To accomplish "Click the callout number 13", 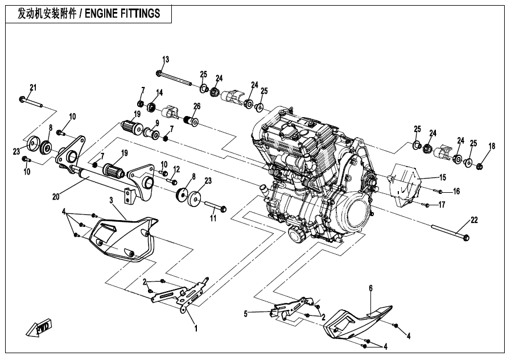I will (x=166, y=60).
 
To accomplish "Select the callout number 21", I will (x=33, y=87).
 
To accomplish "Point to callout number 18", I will (x=492, y=146).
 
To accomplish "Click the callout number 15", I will (x=443, y=178).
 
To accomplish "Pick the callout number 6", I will (x=370, y=288).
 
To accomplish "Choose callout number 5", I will (x=246, y=313).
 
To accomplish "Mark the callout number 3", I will (x=112, y=200).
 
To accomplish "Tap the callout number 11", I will (x=213, y=218).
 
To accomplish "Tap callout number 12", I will (x=176, y=169).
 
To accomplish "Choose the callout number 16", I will (x=456, y=191).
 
